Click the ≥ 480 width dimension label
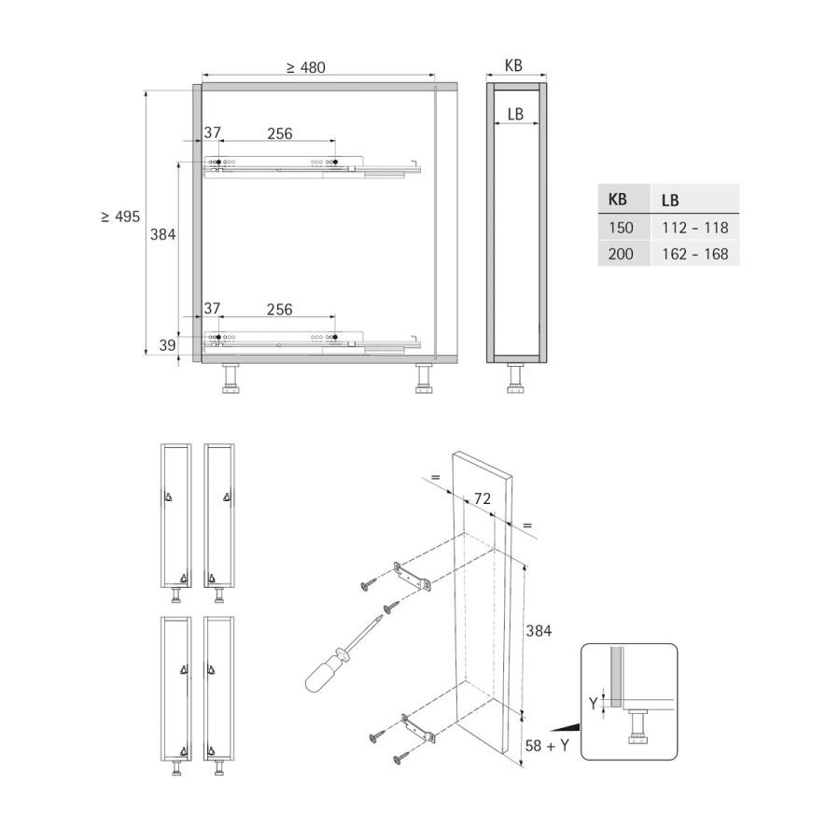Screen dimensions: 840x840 point(305,67)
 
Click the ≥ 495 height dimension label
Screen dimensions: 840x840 point(120,217)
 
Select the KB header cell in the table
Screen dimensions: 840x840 point(624,199)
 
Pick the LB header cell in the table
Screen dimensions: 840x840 point(694,199)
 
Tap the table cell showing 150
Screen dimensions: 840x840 point(624,227)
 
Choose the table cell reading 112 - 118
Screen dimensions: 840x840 point(694,227)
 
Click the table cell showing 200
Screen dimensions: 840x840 point(624,253)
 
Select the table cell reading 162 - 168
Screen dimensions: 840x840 point(694,253)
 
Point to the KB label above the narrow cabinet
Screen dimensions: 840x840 point(513,65)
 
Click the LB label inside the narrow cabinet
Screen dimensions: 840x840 point(515,114)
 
